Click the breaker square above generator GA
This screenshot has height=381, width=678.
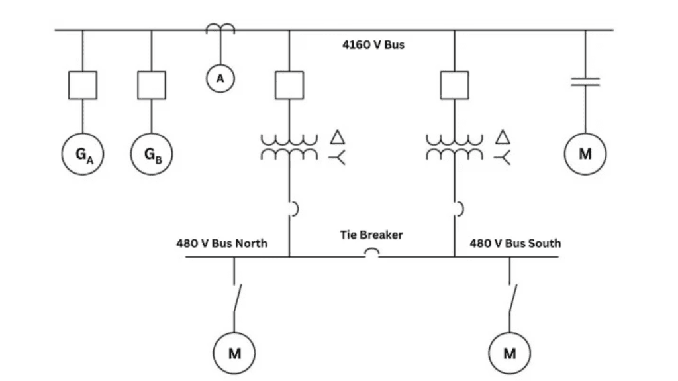click(83, 84)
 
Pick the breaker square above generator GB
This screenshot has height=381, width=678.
click(152, 84)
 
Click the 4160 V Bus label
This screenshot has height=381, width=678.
click(373, 46)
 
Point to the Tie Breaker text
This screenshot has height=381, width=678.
click(371, 235)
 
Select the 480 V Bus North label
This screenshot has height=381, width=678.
click(222, 243)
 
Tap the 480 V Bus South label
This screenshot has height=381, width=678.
click(515, 243)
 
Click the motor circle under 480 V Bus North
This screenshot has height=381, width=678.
click(234, 353)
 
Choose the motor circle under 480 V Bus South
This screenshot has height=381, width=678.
click(509, 353)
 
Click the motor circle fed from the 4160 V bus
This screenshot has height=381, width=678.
click(585, 154)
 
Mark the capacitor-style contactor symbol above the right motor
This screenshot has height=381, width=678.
click(585, 82)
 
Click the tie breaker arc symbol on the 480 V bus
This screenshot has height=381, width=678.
click(372, 253)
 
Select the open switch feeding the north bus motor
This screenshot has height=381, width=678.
click(236, 298)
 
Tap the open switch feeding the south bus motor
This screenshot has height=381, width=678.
click(510, 298)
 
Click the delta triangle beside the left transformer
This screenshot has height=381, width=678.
click(338, 137)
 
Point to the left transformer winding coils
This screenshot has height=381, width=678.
click(289, 148)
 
